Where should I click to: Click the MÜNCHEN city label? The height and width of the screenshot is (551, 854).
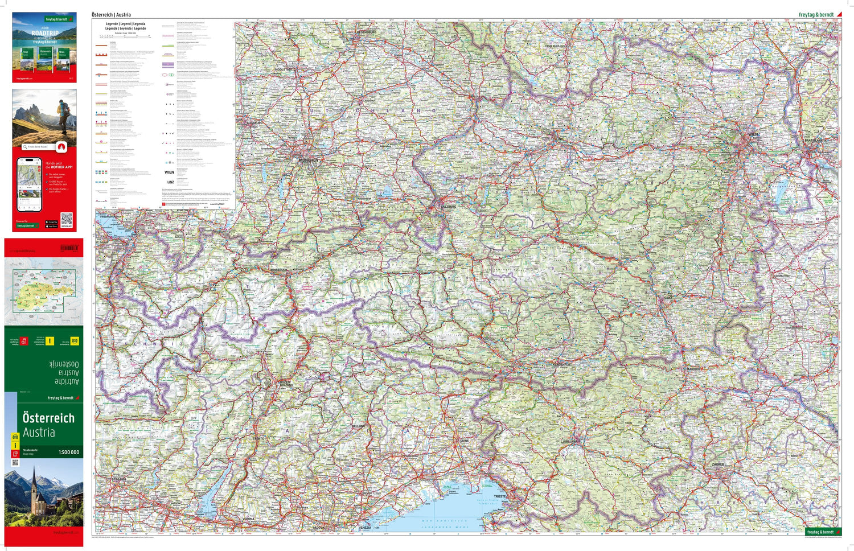click(x=309, y=161)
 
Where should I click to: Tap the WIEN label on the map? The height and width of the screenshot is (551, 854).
click(x=753, y=134)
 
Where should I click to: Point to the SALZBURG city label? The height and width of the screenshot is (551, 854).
click(x=448, y=207)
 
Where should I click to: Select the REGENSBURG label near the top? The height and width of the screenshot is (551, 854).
click(x=365, y=32)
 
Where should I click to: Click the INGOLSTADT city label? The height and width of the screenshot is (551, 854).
click(x=283, y=69)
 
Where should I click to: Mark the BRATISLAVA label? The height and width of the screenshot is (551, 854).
click(x=813, y=140)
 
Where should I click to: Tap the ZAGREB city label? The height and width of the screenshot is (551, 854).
click(x=717, y=464)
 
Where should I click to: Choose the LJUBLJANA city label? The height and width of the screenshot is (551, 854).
click(x=569, y=441)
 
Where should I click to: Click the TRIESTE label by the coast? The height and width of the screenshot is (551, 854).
click(x=499, y=496)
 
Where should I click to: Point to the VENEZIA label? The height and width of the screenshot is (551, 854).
click(x=364, y=528)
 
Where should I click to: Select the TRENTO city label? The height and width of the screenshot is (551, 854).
click(x=258, y=438)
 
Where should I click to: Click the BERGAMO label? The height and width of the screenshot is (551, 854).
click(x=119, y=479)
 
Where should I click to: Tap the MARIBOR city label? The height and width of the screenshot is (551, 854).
click(x=693, y=369)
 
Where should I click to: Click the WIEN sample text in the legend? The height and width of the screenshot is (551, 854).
click(x=170, y=172)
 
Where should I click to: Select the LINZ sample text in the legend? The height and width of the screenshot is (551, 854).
click(x=171, y=182)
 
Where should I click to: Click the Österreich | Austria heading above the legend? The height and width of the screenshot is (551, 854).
click(x=111, y=15)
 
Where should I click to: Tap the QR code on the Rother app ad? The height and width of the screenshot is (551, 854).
click(x=67, y=219)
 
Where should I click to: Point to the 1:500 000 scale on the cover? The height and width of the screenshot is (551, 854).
click(x=69, y=452)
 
